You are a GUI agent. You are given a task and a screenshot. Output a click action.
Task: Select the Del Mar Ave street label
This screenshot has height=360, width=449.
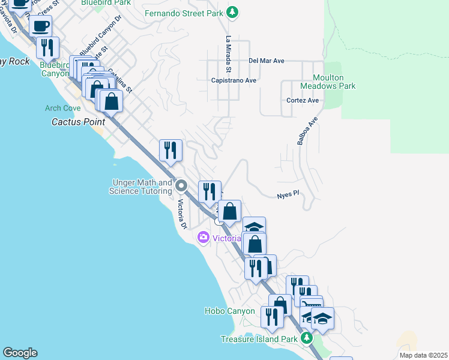tap(266, 61)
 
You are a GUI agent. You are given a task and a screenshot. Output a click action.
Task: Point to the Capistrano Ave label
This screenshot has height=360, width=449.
tap(234, 80)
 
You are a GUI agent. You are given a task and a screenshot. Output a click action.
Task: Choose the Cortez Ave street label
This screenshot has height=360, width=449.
tap(303, 100)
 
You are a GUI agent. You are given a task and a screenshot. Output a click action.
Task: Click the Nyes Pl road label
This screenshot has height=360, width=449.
tap(288, 196)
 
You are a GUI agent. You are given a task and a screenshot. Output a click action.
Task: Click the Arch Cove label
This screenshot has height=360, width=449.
tap(63, 109)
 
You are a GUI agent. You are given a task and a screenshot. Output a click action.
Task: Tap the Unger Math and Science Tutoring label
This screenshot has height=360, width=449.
tap(140, 187)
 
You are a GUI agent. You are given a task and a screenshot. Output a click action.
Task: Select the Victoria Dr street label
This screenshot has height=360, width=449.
tap(181, 213)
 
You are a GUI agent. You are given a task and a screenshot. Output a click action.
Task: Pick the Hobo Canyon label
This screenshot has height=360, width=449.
tap(230, 311)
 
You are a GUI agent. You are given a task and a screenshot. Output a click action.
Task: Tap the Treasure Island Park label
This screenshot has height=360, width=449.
tap(259, 339)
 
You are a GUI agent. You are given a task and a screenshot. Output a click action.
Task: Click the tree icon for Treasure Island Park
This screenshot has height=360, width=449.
tap(307, 339)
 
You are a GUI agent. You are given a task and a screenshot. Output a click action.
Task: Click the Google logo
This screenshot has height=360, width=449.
tap(20, 353)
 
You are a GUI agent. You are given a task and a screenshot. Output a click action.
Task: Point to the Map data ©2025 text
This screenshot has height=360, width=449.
tap(423, 355)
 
